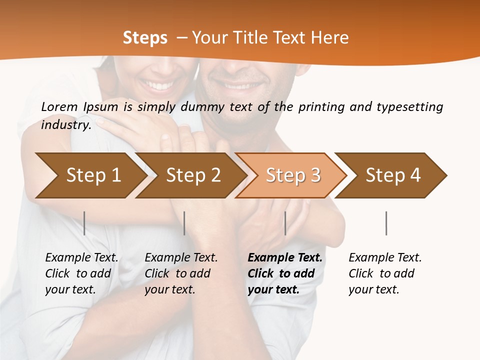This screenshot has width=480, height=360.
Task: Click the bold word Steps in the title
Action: tap(145, 38)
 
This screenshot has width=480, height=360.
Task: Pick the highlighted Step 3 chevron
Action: tap(293, 175)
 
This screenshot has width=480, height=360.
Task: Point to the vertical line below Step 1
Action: tap(84, 223)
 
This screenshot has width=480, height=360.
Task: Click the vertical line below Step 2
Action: tap(184, 223)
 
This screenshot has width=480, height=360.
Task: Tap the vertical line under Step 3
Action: tap(285, 223)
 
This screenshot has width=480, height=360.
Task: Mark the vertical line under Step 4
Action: tap(386, 223)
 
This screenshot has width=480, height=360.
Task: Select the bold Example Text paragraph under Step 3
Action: tap(285, 273)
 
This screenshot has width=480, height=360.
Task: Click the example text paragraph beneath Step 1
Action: tap(81, 273)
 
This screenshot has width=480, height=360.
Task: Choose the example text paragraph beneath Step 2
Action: tap(181, 273)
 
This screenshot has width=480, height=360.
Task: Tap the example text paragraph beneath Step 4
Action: tap(385, 273)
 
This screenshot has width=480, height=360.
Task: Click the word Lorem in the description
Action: tap(59, 107)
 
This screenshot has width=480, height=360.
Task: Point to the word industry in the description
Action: tap(65, 124)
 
